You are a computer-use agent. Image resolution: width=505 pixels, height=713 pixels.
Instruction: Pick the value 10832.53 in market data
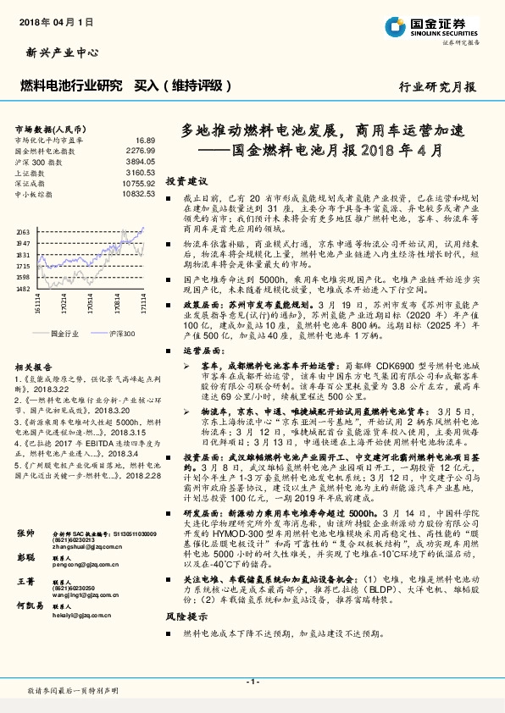[138, 194]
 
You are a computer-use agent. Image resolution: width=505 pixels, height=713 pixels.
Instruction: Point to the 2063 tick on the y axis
[23, 231]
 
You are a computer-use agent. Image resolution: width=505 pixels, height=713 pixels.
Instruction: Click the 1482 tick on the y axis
[23, 288]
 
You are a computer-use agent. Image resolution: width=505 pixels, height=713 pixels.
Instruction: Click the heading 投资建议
[186, 182]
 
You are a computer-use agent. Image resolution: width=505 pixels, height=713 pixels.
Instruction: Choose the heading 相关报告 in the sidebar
[33, 367]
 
